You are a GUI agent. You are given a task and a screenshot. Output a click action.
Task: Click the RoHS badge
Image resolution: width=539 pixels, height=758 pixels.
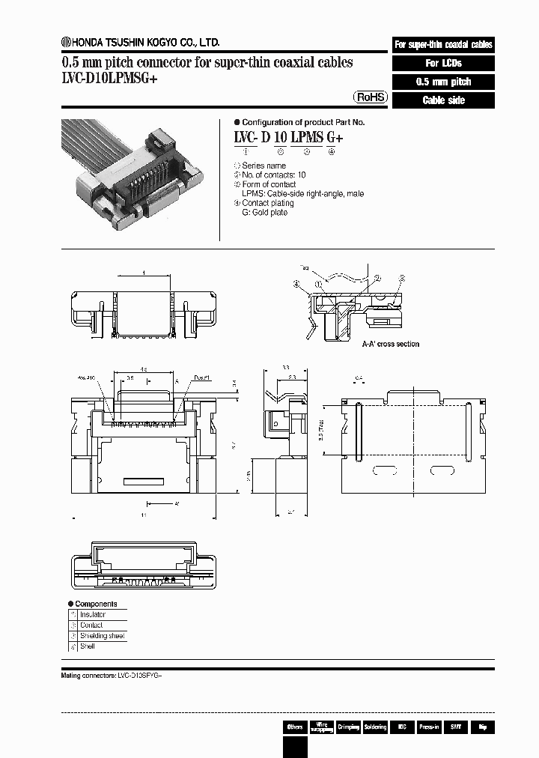click(371, 97)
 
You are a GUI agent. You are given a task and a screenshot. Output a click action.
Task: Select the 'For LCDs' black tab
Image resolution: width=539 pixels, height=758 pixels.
click(443, 63)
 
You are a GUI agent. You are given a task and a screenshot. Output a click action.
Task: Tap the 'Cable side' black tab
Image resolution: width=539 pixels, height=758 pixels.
click(443, 100)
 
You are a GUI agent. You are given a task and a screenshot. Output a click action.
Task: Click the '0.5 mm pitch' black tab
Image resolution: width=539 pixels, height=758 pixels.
click(443, 82)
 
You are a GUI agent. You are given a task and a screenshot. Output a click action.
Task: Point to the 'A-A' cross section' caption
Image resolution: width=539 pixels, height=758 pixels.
click(390, 344)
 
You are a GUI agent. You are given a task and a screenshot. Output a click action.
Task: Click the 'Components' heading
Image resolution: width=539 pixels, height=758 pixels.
click(96, 604)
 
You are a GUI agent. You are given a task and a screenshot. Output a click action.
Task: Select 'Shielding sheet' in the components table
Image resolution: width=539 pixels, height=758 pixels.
click(103, 636)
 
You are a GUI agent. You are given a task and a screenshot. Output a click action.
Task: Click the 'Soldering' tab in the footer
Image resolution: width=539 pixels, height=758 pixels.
click(375, 727)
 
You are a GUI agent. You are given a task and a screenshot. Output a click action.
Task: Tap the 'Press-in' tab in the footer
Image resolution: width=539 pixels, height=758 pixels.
click(429, 727)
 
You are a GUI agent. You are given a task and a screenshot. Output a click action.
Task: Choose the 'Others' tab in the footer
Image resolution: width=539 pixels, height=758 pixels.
click(295, 727)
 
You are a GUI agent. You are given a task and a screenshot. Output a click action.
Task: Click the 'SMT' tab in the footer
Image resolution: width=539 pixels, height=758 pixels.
click(455, 727)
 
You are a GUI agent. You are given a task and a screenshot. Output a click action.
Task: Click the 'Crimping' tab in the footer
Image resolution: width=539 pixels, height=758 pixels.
click(349, 727)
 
